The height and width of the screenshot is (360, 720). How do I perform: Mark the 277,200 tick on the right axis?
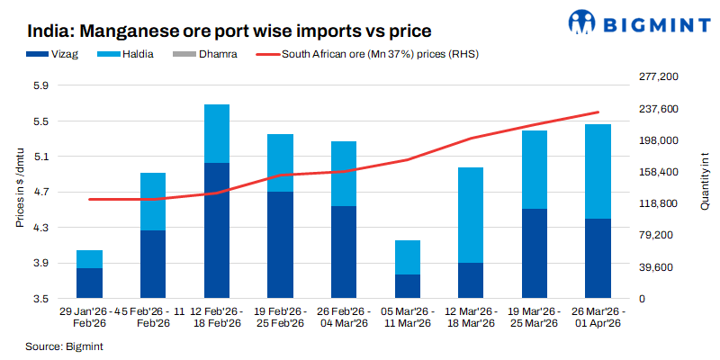click(x=656, y=78)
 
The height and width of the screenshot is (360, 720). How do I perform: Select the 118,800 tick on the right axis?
click(x=656, y=204)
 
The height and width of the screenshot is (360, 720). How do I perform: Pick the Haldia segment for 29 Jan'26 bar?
click(x=89, y=259)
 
